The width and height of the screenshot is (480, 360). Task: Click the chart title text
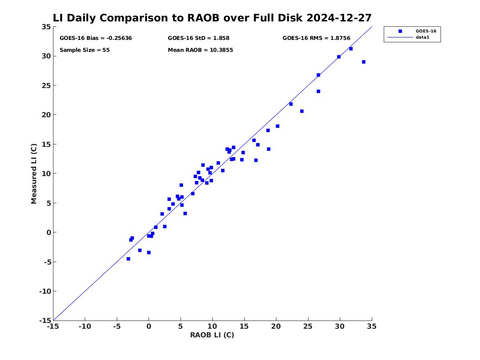pyautogui.click(x=212, y=18)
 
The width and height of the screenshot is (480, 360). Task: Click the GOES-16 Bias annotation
pyautogui.click(x=96, y=38)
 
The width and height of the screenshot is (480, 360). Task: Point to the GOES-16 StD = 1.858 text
pyautogui.click(x=198, y=38)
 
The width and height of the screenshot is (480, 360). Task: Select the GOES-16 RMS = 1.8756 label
pyautogui.click(x=316, y=38)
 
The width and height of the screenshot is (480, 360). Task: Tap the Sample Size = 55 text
pyautogui.click(x=84, y=50)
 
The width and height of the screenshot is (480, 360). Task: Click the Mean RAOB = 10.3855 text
pyautogui.click(x=200, y=50)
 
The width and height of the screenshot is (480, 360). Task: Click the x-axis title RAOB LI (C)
pyautogui.click(x=212, y=335)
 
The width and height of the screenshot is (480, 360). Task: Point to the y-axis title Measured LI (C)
pyautogui.click(x=34, y=174)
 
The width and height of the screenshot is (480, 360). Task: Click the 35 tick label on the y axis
pyautogui.click(x=46, y=27)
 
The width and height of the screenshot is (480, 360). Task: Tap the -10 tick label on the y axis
pyautogui.click(x=45, y=291)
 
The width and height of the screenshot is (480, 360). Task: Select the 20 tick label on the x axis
pyautogui.click(x=276, y=326)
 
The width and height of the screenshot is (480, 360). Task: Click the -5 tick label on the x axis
pyautogui.click(x=117, y=326)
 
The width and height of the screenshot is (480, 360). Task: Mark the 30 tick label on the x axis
pyautogui.click(x=339, y=326)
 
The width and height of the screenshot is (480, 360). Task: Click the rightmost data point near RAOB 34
pyautogui.click(x=364, y=62)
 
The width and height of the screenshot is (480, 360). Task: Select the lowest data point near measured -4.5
pyautogui.click(x=128, y=259)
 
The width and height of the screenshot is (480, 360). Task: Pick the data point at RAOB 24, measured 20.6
pyautogui.click(x=302, y=111)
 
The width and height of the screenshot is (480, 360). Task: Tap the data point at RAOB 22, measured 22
pyautogui.click(x=291, y=104)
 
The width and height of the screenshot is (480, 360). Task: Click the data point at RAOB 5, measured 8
pyautogui.click(x=181, y=185)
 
